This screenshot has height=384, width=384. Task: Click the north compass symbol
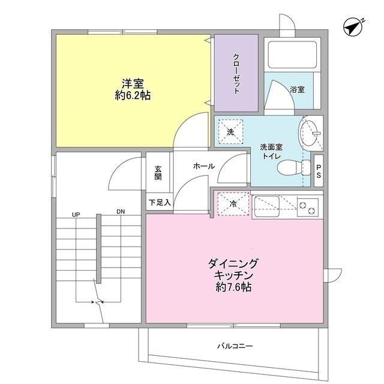click(355, 26)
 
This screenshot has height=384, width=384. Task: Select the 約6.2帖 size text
click(133, 96)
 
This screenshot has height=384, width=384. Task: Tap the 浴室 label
click(297, 90)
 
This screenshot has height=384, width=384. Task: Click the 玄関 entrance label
click(158, 173)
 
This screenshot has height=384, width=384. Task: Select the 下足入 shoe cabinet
click(160, 202)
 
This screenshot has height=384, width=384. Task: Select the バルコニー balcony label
click(235, 346)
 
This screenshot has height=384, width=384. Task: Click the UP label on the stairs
click(76, 213)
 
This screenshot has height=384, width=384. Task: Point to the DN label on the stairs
click(121, 213)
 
